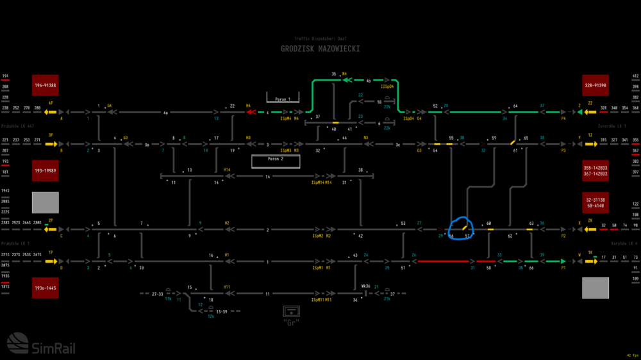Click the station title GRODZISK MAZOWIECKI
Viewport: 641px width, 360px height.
pyautogui.click(x=320, y=49)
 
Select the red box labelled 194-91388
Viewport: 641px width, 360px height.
pyautogui.click(x=45, y=85)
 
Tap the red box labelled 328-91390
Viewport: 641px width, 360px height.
pyautogui.click(x=595, y=85)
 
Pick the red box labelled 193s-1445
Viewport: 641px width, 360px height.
pyautogui.click(x=45, y=288)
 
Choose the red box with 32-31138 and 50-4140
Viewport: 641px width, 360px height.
pyautogui.click(x=595, y=202)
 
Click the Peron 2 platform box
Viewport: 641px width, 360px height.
pyautogui.click(x=275, y=161)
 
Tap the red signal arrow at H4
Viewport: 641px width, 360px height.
pyautogui.click(x=251, y=111)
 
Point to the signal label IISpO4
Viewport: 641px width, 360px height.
pyautogui.click(x=387, y=86)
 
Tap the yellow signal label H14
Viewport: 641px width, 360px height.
pyautogui.click(x=227, y=170)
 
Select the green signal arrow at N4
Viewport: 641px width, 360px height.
pyautogui.click(x=347, y=81)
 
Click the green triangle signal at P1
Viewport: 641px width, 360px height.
pyautogui.click(x=563, y=261)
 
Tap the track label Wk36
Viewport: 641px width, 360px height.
pyautogui.click(x=365, y=286)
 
